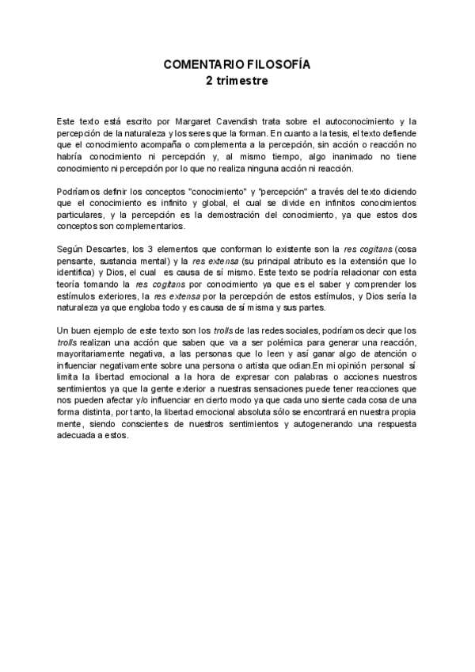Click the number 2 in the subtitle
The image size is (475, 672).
[x=210, y=80]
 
